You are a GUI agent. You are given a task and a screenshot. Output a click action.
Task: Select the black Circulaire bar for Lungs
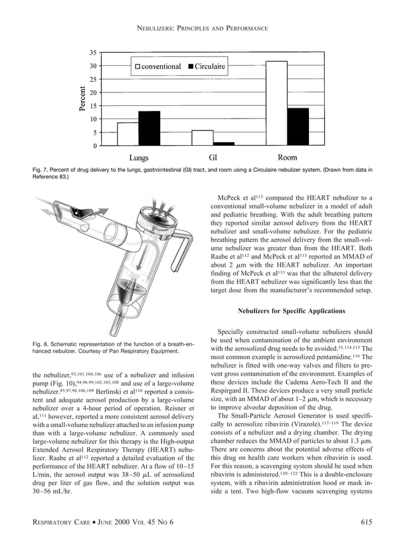pos(149,129)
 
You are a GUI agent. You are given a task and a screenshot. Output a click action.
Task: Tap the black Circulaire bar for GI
pos(224,144)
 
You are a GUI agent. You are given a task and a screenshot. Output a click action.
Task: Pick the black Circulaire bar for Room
pos(298,127)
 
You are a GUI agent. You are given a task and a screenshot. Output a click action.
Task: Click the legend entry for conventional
pos(157,66)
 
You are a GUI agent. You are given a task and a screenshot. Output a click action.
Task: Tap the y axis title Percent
pos(82,99)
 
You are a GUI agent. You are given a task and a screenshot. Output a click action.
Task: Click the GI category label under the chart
pos(213,158)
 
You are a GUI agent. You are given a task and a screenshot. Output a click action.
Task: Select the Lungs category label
pos(139,158)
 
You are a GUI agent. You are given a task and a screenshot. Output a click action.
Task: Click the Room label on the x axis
pos(287,158)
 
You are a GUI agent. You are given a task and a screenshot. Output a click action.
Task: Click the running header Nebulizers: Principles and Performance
pos(201,29)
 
